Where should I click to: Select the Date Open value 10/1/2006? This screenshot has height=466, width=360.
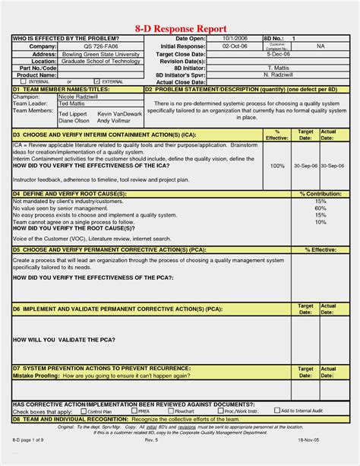235,37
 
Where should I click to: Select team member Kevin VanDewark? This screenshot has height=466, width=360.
119,113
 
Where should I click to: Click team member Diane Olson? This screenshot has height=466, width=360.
74,120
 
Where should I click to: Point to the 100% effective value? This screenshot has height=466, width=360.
277,165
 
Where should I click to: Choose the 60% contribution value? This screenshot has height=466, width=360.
321,208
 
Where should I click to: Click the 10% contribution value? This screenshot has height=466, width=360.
321,222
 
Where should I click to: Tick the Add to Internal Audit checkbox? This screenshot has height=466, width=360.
276,411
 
